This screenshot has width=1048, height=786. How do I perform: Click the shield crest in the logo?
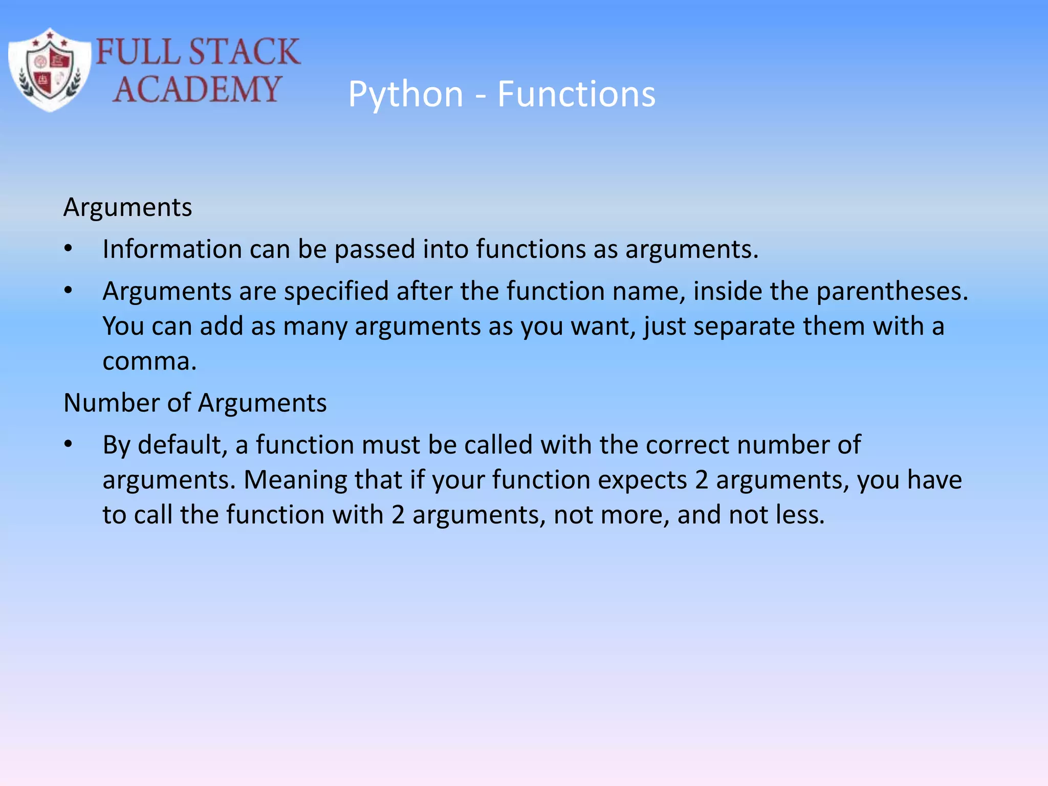tap(50, 70)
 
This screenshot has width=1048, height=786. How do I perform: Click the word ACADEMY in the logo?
tap(197, 89)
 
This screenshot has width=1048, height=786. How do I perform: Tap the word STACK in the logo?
tap(244, 52)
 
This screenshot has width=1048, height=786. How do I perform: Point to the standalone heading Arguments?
tap(127, 208)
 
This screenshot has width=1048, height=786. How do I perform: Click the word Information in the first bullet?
tap(172, 250)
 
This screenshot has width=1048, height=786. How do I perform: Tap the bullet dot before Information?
tap(69, 249)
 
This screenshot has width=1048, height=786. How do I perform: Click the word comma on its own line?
tap(148, 362)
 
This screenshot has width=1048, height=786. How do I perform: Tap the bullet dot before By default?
tap(69, 445)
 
